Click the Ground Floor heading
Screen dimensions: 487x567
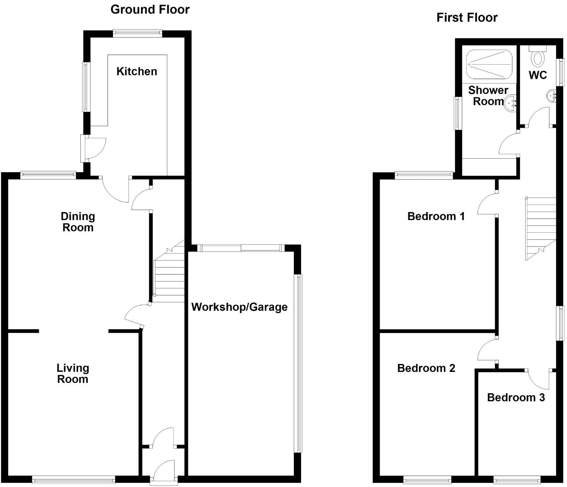click(150, 10)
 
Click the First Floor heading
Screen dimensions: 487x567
click(467, 18)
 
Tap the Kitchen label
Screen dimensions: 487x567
click(137, 71)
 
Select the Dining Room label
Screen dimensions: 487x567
click(78, 222)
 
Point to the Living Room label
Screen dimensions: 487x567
click(73, 374)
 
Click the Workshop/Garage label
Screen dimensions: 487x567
click(239, 307)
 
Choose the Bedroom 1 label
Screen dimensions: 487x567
click(436, 216)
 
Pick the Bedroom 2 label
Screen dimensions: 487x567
click(426, 368)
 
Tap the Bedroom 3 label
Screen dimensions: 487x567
click(516, 398)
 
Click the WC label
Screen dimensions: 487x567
click(538, 75)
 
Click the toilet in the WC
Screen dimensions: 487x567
click(538, 57)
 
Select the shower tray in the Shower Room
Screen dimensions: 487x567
click(489, 64)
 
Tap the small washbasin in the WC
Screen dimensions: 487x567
click(551, 95)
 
